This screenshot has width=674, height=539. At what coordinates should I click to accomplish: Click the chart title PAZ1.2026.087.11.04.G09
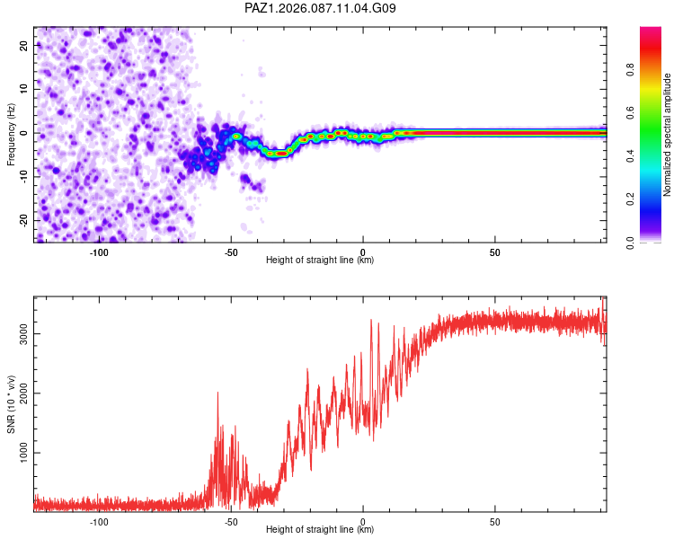tap(320, 8)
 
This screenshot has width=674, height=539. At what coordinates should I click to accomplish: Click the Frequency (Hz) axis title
tap(12, 134)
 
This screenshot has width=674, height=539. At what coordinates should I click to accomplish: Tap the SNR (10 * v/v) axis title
tap(12, 405)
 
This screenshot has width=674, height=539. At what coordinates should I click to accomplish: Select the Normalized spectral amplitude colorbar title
tap(667, 134)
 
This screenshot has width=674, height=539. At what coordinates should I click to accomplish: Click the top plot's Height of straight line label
tap(320, 260)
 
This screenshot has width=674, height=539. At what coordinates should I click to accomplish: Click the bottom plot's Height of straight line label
tap(320, 529)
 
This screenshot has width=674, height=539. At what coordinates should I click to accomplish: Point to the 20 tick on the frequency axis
tap(24, 45)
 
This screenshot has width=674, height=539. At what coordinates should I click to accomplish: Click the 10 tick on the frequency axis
tap(24, 89)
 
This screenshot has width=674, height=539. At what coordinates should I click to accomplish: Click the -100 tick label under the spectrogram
tap(99, 252)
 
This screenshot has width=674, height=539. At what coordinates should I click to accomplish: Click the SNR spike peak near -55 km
tap(217, 393)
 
